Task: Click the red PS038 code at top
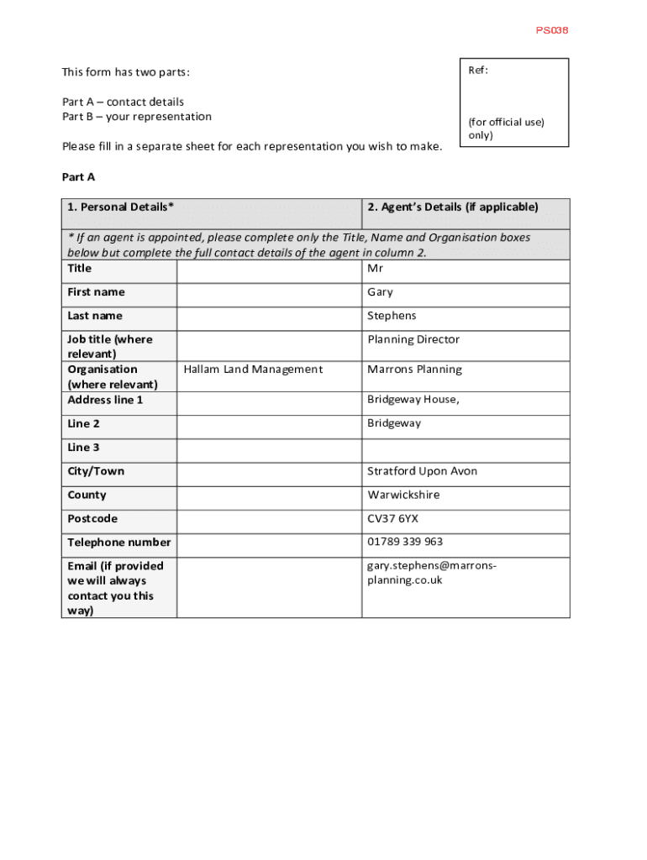[552, 30]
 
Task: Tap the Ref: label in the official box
[478, 71]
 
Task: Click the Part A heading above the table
[79, 176]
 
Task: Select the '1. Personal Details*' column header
[121, 207]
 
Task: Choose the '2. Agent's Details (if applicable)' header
[453, 207]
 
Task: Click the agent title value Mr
[375, 269]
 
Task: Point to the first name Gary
[380, 292]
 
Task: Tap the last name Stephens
[392, 316]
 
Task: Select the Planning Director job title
[413, 339]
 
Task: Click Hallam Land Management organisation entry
[253, 370]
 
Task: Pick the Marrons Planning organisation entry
[414, 370]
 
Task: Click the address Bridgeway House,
[413, 400]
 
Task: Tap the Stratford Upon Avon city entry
[422, 471]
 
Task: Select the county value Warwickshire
[403, 495]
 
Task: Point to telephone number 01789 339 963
[405, 542]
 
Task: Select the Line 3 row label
[83, 448]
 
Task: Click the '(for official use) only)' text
[506, 128]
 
